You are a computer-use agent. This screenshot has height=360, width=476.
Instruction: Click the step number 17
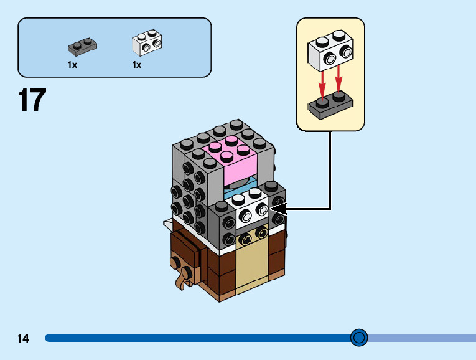coord(32,101)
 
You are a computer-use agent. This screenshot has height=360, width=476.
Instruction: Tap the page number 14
coord(24,339)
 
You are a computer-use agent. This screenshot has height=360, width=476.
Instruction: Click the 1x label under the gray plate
coord(73,64)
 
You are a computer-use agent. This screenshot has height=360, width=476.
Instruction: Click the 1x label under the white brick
coord(137,64)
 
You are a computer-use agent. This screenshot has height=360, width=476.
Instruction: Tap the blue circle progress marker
coord(359,338)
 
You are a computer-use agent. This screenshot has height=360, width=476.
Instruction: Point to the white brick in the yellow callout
coord(330,50)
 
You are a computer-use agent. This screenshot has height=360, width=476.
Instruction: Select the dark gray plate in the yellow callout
coord(330,106)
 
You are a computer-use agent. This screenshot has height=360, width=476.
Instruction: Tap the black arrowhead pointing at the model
coord(278,209)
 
